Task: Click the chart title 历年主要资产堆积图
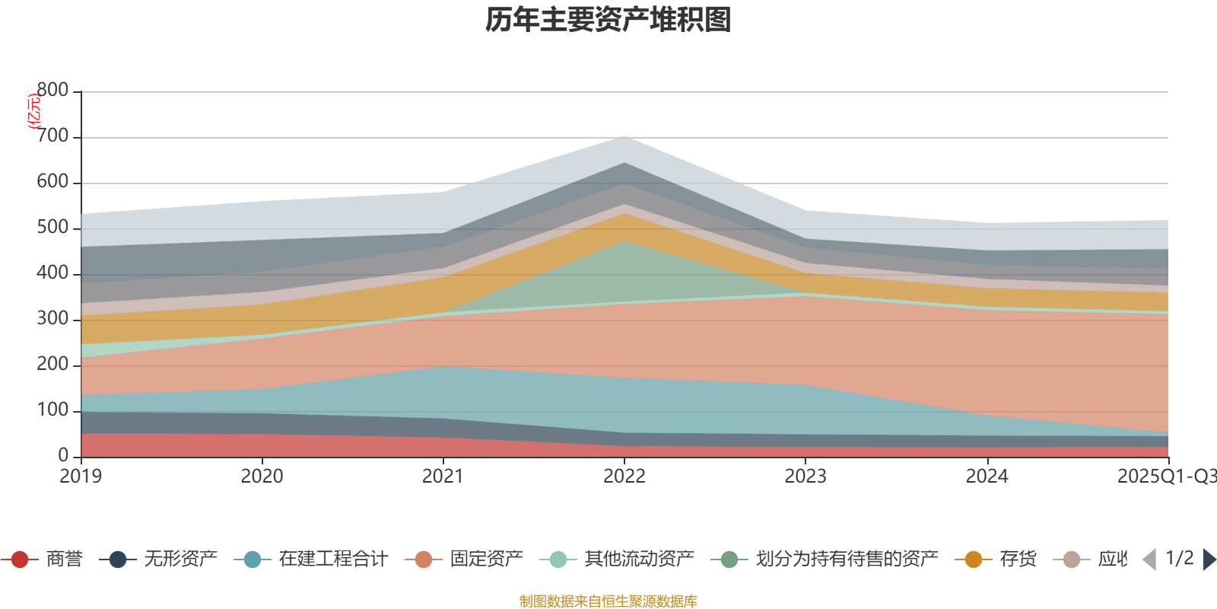point(608,20)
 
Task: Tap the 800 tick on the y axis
point(52,91)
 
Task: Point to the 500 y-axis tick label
point(52,228)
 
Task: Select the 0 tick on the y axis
point(63,455)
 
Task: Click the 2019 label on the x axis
point(81,477)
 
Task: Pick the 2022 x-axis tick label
point(624,477)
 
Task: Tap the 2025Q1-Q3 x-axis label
point(1165,477)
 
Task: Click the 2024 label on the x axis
point(987,477)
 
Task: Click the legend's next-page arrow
point(1209,560)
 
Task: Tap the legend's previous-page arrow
point(1149,560)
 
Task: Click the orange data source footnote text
point(608,601)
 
